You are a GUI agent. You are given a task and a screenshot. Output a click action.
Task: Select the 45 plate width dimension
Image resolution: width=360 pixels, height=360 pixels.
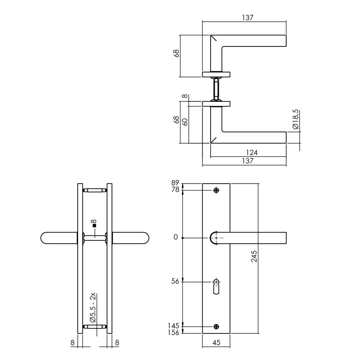[x=216, y=343]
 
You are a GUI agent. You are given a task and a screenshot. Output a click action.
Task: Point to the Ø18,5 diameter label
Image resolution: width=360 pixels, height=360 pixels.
[x=295, y=120]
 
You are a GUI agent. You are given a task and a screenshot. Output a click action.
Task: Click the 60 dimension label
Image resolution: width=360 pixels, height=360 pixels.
[x=185, y=122]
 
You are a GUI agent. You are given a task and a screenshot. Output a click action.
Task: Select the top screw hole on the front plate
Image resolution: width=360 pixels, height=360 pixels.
[x=216, y=190]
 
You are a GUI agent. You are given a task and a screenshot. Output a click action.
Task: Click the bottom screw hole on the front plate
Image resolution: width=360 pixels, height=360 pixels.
[x=216, y=327]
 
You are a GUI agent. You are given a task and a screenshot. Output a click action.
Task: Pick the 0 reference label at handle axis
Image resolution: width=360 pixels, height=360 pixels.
[x=176, y=237]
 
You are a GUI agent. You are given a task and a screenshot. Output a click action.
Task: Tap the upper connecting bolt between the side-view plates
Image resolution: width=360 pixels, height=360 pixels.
[x=95, y=190]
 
